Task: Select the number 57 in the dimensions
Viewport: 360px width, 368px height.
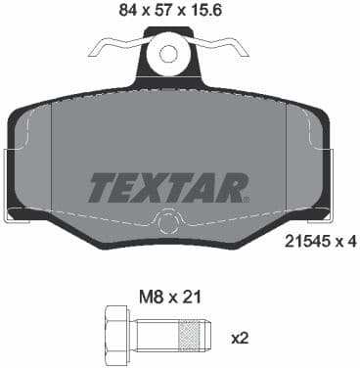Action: pos(158,12)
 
